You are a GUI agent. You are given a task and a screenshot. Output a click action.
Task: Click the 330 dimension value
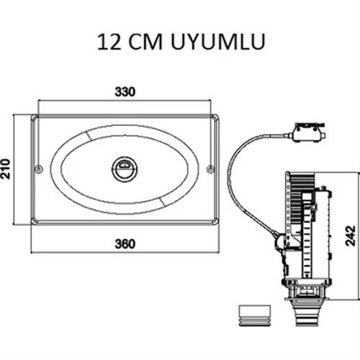coord(125,92)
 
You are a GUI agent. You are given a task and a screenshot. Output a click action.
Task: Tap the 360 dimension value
coord(125,244)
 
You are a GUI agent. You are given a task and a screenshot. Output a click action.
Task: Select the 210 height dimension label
coord(5,169)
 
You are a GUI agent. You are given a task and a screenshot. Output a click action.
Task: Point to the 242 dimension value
coord(351,235)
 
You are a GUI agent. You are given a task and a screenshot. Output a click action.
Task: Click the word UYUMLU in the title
coord(218,42)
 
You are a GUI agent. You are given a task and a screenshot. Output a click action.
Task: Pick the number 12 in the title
coord(109,42)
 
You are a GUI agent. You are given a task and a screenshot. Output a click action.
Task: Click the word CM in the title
coord(145,42)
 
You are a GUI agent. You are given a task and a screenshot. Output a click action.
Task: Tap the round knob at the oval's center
coord(125,169)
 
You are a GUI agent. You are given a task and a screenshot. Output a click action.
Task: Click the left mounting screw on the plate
coord(38,169)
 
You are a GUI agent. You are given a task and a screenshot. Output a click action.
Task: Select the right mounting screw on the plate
coord(210,169)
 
